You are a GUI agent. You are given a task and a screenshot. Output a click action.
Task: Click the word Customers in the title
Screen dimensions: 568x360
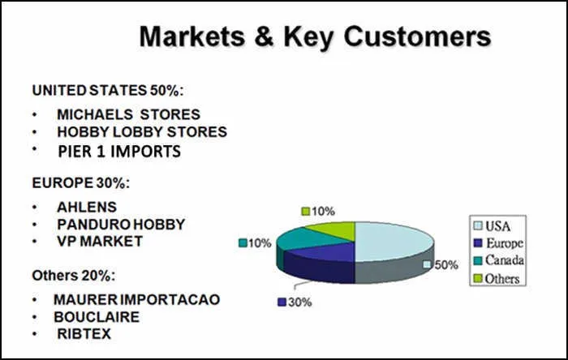417,36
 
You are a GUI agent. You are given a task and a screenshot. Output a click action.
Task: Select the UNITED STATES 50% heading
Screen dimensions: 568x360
108,91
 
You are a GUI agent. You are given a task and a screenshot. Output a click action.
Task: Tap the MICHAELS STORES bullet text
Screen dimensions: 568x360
128,114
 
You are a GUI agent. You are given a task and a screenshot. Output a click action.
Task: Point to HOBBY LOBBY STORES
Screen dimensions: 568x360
142,131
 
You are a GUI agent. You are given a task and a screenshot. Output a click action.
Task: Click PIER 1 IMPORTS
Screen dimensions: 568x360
119,152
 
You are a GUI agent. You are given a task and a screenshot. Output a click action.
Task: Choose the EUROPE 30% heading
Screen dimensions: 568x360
81,182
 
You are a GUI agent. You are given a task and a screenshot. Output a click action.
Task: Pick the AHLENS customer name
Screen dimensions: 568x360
87,207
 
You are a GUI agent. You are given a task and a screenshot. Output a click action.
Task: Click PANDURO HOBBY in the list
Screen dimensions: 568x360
121,225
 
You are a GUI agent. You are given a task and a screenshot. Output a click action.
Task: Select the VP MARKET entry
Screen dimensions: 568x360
100,241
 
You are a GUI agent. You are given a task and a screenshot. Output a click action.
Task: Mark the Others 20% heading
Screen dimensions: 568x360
74,276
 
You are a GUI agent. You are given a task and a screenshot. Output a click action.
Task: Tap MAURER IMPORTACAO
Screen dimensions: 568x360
136,299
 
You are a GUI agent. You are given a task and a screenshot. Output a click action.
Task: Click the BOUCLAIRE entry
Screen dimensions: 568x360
97,317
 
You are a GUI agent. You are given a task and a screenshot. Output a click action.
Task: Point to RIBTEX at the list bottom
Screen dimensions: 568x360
84,333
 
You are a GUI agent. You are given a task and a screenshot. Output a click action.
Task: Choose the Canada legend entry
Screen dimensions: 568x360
499,260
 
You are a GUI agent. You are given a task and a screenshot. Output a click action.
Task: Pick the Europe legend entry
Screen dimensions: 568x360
498,242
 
